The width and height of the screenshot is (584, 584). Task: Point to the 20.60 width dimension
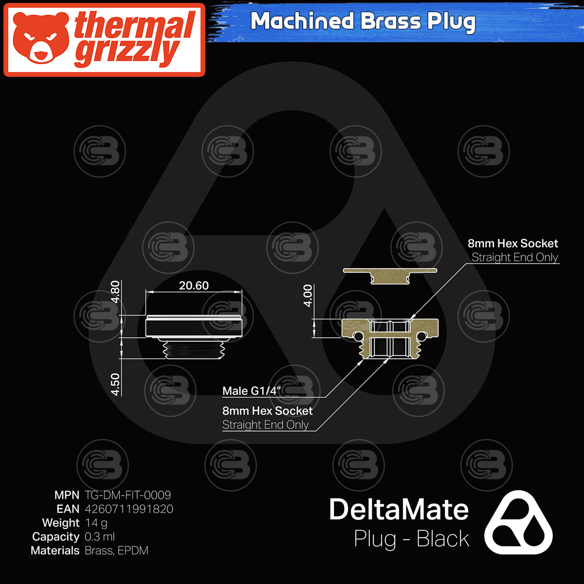194,286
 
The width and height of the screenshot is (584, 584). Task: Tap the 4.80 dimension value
115,292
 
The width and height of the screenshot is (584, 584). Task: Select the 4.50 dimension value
115,384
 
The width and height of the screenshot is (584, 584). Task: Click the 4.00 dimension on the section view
308,295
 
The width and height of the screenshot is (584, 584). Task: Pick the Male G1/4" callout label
251,391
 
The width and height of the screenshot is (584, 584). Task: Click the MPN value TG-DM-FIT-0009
128,495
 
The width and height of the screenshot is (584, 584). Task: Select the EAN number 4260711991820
129,509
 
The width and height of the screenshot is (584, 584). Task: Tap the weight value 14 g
96,523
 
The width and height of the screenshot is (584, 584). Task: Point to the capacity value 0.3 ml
100,537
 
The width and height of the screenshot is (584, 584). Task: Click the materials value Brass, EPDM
116,551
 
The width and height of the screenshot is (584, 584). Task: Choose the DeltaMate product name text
399,510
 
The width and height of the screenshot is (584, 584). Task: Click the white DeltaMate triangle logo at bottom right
518,523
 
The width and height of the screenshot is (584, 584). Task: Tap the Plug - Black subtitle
411,539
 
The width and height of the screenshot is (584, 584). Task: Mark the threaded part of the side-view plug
194,349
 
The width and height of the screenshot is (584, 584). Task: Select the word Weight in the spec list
60,523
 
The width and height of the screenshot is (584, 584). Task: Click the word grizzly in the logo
128,54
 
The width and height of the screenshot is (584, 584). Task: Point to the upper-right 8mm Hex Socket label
513,243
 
